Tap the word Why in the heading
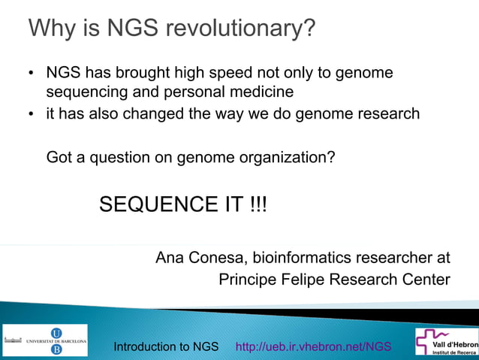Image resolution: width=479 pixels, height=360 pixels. click(x=50, y=30)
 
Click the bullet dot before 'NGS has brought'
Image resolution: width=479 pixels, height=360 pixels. click(x=32, y=75)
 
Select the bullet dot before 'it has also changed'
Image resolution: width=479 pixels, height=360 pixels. click(x=32, y=115)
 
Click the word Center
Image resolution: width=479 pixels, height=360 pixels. click(x=425, y=280)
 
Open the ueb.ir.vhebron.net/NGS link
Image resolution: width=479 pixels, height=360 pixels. click(x=313, y=346)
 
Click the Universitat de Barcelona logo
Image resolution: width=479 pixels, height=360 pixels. click(x=45, y=340)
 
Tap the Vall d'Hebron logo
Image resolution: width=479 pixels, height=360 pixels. click(x=446, y=342)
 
